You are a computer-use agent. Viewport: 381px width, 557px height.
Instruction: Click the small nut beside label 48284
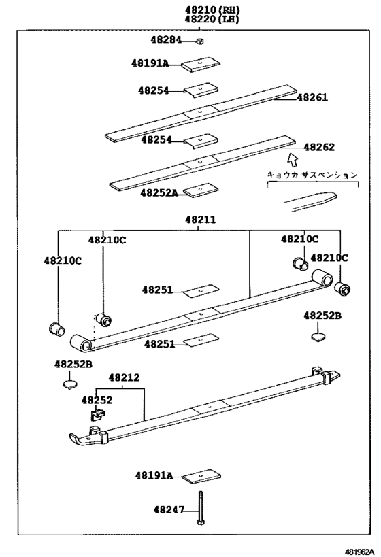click(200, 41)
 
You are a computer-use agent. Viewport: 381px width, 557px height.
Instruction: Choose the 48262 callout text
click(318, 147)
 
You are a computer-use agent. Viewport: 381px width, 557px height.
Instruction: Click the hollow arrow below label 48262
click(293, 161)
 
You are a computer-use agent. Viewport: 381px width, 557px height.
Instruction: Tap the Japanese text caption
click(311, 175)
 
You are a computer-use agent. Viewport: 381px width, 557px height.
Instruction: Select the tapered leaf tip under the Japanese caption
click(309, 199)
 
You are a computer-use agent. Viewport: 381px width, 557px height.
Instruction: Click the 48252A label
click(159, 192)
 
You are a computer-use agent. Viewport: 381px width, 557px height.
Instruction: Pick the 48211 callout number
click(199, 220)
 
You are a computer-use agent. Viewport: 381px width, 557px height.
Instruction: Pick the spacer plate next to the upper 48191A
click(201, 64)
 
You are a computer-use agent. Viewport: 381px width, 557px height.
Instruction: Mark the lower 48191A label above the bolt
click(153, 475)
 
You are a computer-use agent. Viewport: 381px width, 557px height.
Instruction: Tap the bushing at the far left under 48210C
click(56, 329)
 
